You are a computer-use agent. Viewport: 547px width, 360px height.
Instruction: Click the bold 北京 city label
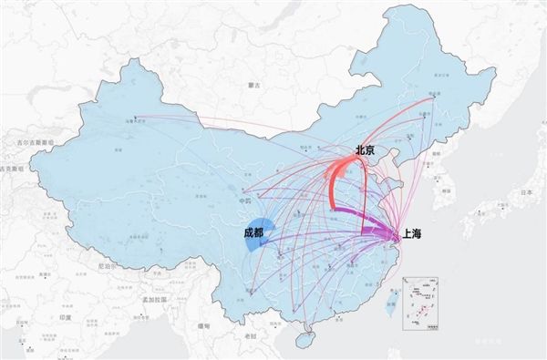coord(366,150)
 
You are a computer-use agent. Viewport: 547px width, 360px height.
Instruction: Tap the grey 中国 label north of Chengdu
coord(244,201)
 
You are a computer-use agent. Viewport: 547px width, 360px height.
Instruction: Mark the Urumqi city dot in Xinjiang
coord(136,117)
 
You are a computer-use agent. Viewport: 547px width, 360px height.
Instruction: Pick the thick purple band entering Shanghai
coord(374,231)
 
